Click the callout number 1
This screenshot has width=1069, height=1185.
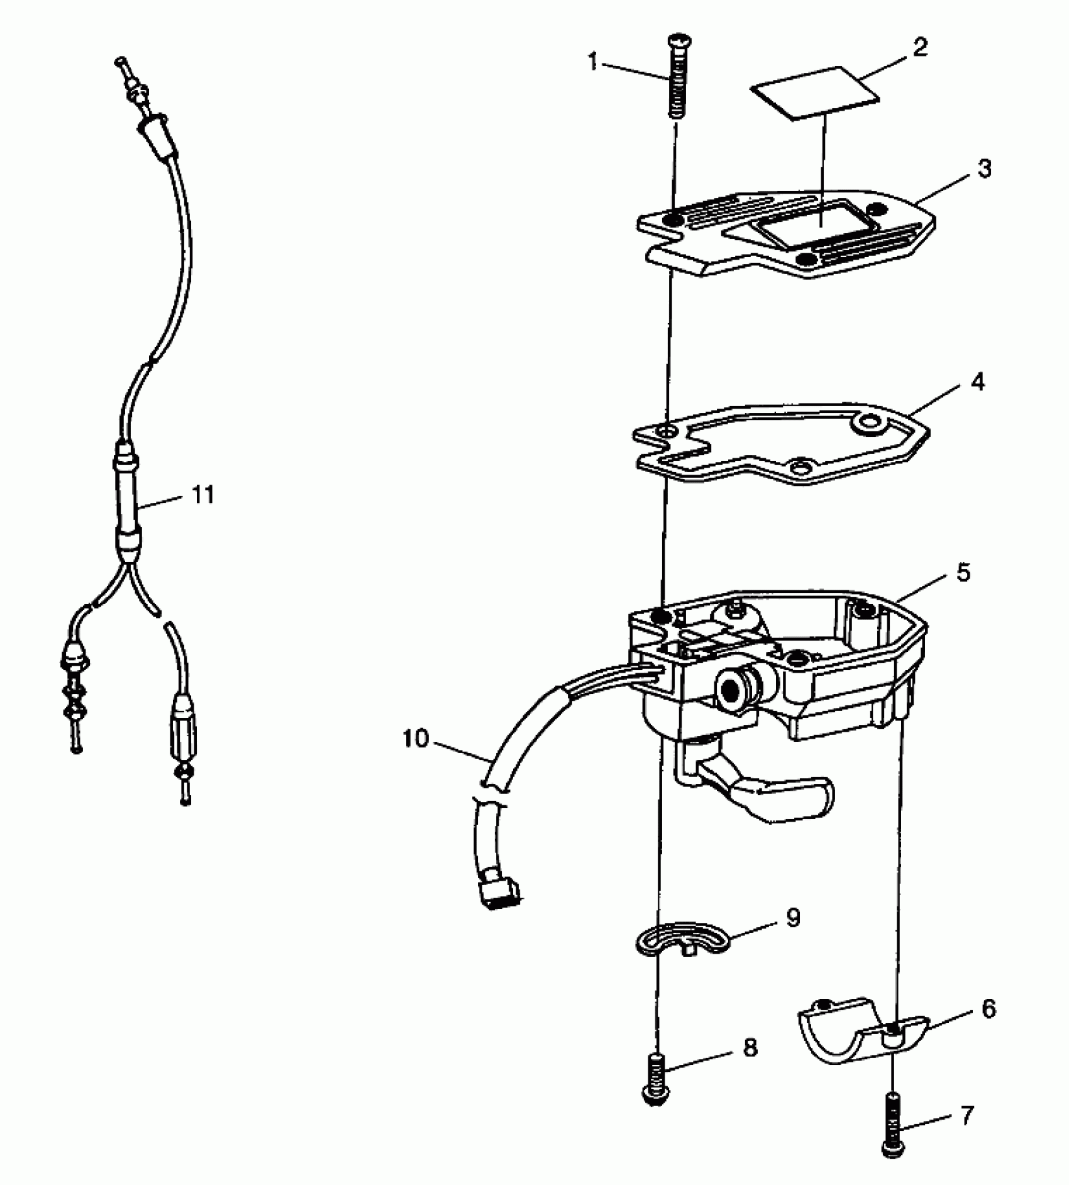point(593,62)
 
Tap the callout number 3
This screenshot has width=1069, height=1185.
point(985,168)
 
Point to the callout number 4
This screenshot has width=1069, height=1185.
point(977,382)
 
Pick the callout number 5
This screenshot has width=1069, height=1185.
point(963,572)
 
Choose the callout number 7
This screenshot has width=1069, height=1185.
point(967,1115)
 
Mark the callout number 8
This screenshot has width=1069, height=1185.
point(750,1047)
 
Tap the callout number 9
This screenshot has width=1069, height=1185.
point(793,917)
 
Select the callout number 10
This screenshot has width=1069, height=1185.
point(415,739)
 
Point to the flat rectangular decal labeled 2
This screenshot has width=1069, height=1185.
point(815,92)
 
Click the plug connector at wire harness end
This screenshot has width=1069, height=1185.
point(499,893)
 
